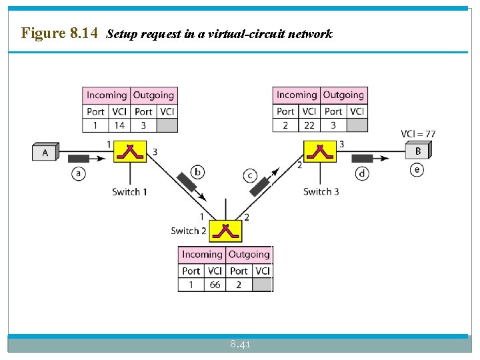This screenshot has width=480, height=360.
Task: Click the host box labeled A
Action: click(x=45, y=153)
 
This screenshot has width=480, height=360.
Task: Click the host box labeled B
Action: click(x=418, y=151)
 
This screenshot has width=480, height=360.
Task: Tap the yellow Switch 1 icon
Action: click(x=131, y=152)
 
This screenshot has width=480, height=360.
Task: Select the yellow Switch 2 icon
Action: click(x=225, y=231)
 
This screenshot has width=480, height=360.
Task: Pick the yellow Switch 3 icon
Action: click(x=320, y=152)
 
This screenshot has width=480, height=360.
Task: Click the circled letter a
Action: click(x=79, y=173)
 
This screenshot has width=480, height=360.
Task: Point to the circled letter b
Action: click(x=198, y=173)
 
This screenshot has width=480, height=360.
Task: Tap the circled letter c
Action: click(x=250, y=175)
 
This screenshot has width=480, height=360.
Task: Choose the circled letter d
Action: click(x=362, y=173)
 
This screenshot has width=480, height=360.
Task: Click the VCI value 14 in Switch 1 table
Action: click(x=119, y=125)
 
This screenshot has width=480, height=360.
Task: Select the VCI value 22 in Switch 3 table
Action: click(x=309, y=125)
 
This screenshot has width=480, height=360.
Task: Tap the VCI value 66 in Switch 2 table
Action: click(x=215, y=285)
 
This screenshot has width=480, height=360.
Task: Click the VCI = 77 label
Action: click(x=418, y=134)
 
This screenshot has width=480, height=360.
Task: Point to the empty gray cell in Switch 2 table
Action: click(x=263, y=285)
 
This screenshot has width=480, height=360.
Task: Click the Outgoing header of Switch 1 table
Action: click(x=153, y=95)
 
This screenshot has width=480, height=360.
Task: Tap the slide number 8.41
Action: click(x=240, y=345)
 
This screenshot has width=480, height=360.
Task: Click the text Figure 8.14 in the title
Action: click(x=59, y=33)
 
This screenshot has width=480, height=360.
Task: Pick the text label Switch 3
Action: click(x=321, y=191)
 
